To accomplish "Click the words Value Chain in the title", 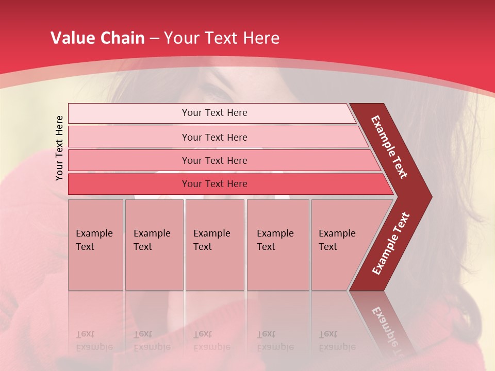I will [x=97, y=38].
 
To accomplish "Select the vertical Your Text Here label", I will [x=59, y=148].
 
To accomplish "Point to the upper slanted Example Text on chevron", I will [x=389, y=147].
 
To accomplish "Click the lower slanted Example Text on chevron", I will [x=391, y=243].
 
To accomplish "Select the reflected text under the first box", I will [x=94, y=340].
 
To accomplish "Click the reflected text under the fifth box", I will [x=337, y=340].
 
